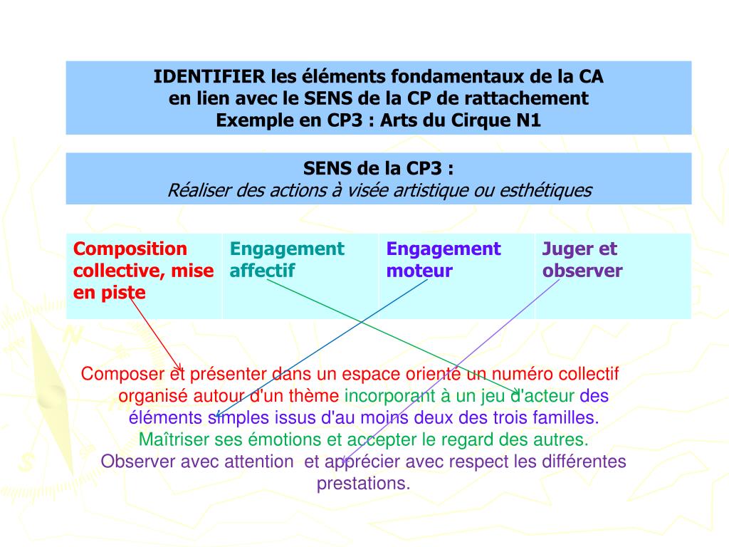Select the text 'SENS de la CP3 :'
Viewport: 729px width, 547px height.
[x=379, y=170]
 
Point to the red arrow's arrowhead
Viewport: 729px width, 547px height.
[x=181, y=370]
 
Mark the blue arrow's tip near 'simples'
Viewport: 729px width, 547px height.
[x=216, y=417]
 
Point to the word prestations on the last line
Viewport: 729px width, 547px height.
[x=363, y=484]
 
